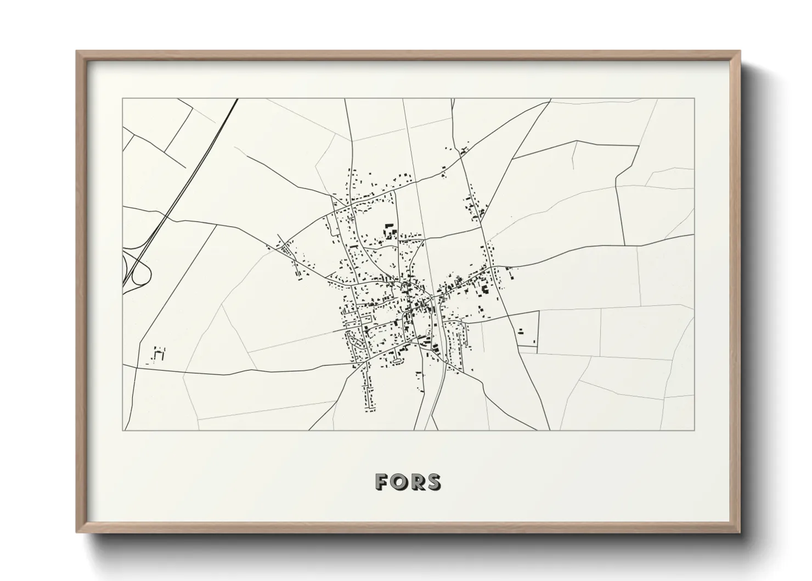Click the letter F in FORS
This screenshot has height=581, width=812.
pos(383,482)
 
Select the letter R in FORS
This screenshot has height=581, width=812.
pos(417,482)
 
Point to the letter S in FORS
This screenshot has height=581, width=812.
pos(433,482)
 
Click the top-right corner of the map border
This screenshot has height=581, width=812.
pos(694,99)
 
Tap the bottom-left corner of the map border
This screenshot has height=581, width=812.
pos(123,430)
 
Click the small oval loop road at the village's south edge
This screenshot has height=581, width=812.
pos(396,361)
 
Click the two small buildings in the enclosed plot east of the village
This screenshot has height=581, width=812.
pos(520,332)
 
